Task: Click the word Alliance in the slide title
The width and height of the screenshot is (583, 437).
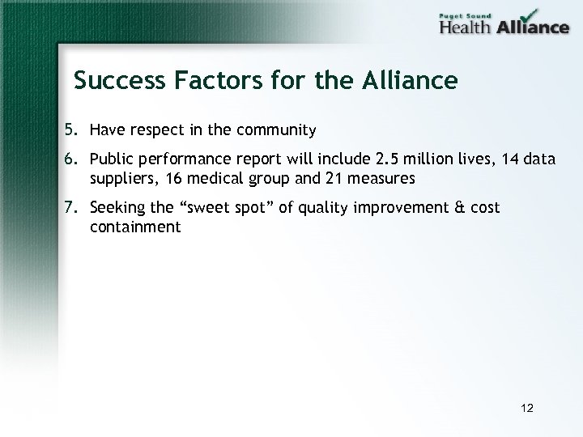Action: tap(411, 81)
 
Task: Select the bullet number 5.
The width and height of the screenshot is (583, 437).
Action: tap(71, 129)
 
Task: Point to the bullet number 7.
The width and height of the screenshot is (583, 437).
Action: tap(71, 209)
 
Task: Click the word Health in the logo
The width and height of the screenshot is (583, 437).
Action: tap(467, 27)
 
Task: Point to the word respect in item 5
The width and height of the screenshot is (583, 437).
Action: tap(153, 129)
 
